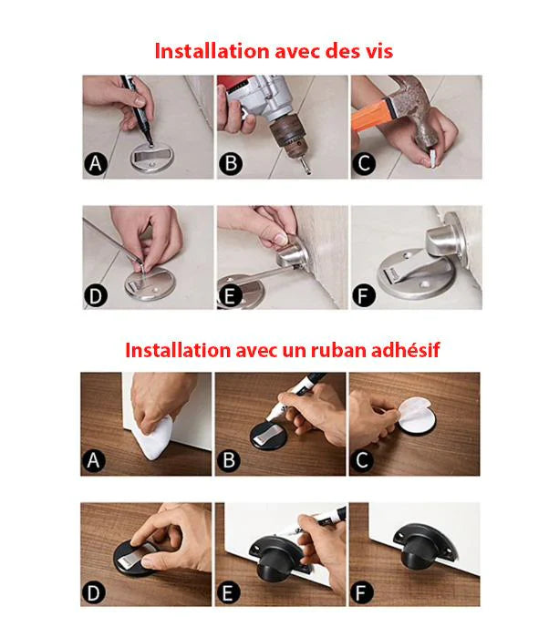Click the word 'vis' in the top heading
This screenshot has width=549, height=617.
[x=378, y=51]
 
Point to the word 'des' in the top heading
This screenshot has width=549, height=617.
[x=340, y=51]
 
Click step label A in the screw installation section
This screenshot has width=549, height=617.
[x=95, y=164]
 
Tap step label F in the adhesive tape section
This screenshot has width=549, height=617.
[x=363, y=592]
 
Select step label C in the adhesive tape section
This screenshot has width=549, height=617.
[x=363, y=461]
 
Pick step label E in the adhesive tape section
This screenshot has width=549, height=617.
[x=230, y=592]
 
